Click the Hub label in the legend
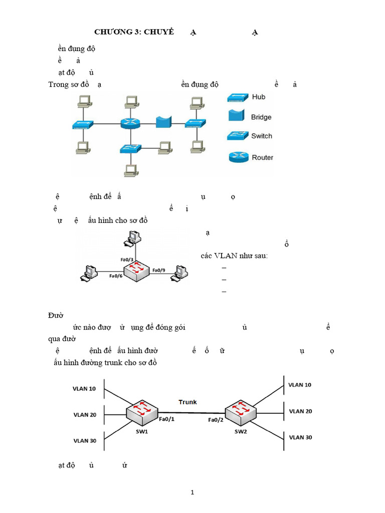(x=259, y=97)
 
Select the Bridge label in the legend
(x=261, y=117)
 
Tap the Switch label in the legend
(x=262, y=136)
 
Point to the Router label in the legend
(x=262, y=157)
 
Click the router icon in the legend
(x=238, y=157)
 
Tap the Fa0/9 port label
(x=160, y=270)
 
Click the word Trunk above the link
(x=188, y=402)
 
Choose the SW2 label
(x=241, y=431)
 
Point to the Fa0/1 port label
(x=166, y=419)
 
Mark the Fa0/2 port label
(x=216, y=420)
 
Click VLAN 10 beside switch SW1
(x=85, y=389)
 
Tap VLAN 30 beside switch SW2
(x=300, y=437)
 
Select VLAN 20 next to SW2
(x=300, y=411)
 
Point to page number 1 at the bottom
(x=192, y=492)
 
